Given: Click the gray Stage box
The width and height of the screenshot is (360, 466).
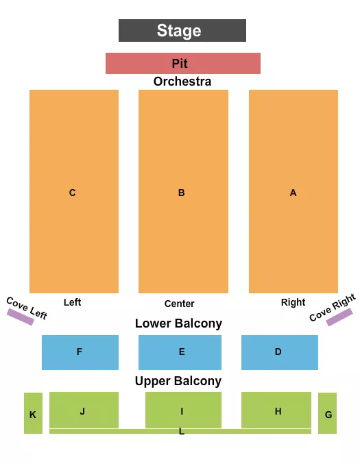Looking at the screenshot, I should coord(182,30).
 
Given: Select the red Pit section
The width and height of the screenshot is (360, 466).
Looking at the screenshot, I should coord(182,63).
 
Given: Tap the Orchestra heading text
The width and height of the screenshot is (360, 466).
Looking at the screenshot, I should coord(182,82).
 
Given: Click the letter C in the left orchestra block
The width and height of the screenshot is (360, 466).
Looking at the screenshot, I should coord(72,193).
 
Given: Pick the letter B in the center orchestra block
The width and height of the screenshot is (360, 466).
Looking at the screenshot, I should coord(182,193).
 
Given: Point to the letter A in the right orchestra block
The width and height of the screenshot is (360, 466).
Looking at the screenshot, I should coord(293,193).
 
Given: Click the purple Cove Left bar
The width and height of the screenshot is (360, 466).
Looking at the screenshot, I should coord(21,317).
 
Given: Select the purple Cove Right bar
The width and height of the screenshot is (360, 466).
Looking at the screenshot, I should coord(339,317).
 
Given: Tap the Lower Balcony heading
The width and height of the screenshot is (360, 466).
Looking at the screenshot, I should coord(178,323).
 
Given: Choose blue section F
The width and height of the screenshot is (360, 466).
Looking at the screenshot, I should coord(80,352).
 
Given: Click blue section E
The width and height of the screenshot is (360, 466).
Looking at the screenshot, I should coord(182,352).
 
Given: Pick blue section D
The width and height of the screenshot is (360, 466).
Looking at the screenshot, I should coord(279,352).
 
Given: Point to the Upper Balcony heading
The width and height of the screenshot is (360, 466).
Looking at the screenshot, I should coord(178,381).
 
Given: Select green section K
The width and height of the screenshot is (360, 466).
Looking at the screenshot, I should coord(33,413).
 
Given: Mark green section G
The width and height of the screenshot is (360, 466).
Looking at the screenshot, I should coord(328,413).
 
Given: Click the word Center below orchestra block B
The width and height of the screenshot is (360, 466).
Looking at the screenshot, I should coord(180,304).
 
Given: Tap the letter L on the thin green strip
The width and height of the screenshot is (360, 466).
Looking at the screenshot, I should coord(182,432).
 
